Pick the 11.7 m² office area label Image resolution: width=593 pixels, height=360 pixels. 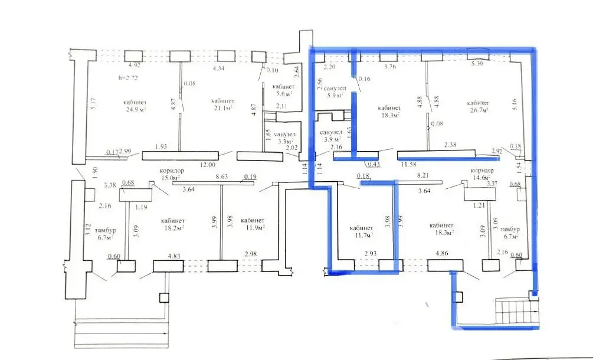pos(361,235)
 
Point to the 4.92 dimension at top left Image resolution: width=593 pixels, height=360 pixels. pos(135,65)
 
